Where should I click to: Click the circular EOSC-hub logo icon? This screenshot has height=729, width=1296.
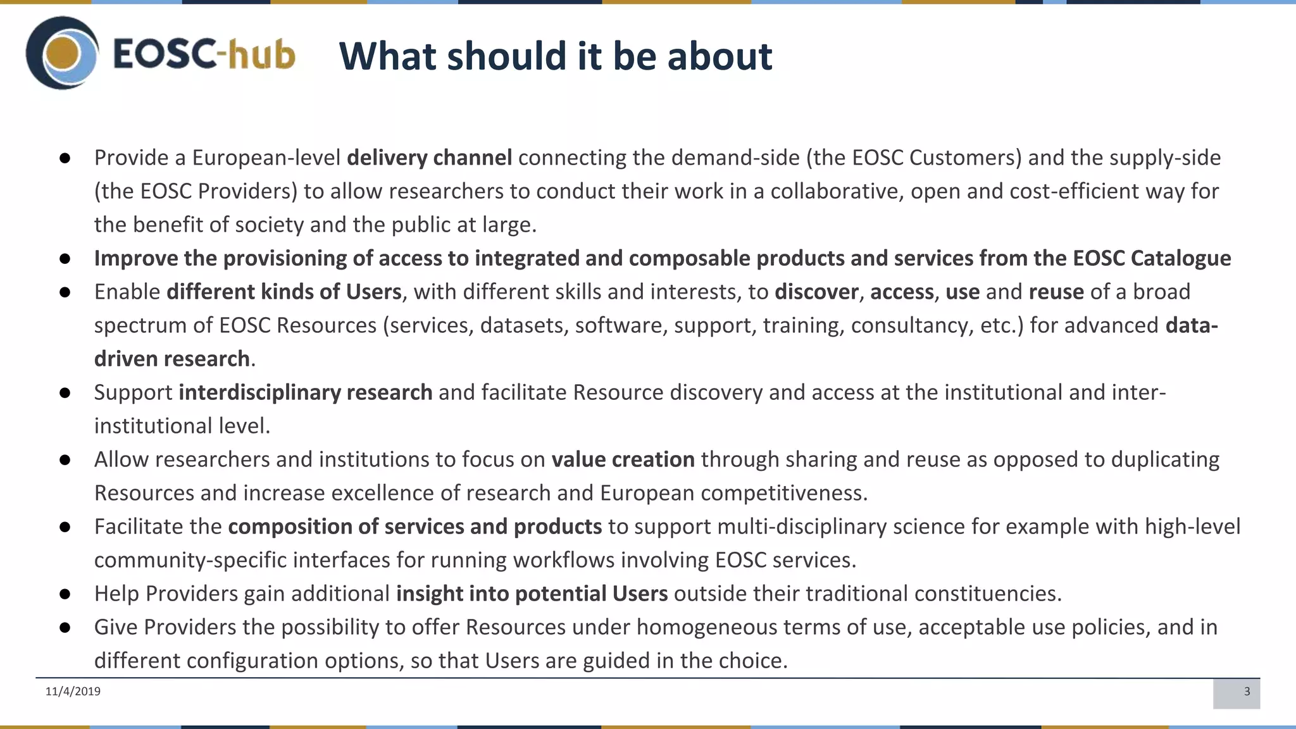pos(62,53)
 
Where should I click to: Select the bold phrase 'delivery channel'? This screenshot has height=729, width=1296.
pos(429,158)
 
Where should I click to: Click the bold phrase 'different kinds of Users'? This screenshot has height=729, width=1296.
pos(284,292)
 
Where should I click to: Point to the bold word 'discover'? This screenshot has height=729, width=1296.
pos(816,292)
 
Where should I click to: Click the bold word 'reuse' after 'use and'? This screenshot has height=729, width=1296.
pos(1056,292)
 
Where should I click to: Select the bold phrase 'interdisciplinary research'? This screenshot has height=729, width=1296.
pos(305,392)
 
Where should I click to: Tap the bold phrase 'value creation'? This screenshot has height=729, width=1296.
pos(623,459)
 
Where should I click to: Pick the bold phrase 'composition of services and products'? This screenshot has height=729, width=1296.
pos(414,526)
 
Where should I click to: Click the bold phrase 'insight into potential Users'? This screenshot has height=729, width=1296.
pos(532,594)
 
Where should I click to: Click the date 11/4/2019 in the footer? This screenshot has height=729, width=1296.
pos(73,691)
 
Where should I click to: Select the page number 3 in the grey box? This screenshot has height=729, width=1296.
pos(1247,691)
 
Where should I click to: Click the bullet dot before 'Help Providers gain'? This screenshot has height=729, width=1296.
pos(65,594)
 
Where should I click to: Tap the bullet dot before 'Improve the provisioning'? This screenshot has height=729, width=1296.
pos(65,259)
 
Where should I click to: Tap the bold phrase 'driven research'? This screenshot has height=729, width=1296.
pos(171,359)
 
